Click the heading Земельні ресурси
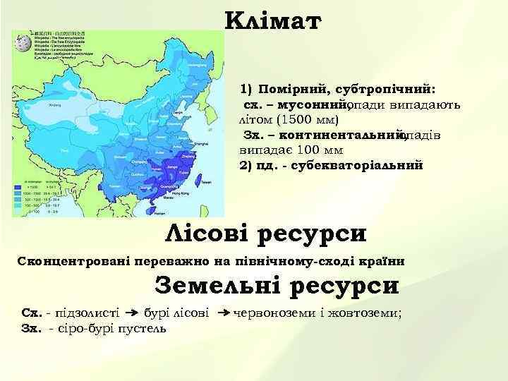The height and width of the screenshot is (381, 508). [x=276, y=285]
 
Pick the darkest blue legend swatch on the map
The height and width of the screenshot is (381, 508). [x=17, y=186]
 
